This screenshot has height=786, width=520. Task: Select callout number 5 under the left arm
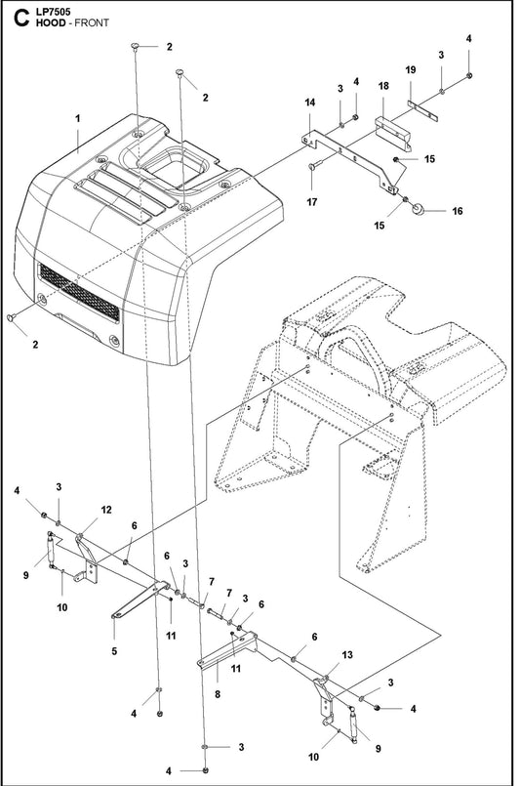coord(113,650)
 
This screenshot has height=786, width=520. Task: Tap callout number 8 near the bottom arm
coord(217,695)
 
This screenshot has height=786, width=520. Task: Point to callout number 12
coord(106,510)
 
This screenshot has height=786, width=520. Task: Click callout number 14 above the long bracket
coord(309,103)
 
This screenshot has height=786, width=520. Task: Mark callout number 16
coord(455,210)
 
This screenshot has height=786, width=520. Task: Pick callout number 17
coord(312,201)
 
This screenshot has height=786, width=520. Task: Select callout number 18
coord(383,87)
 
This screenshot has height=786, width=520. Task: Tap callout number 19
coord(410,70)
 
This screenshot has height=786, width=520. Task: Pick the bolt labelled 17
coord(313,168)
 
